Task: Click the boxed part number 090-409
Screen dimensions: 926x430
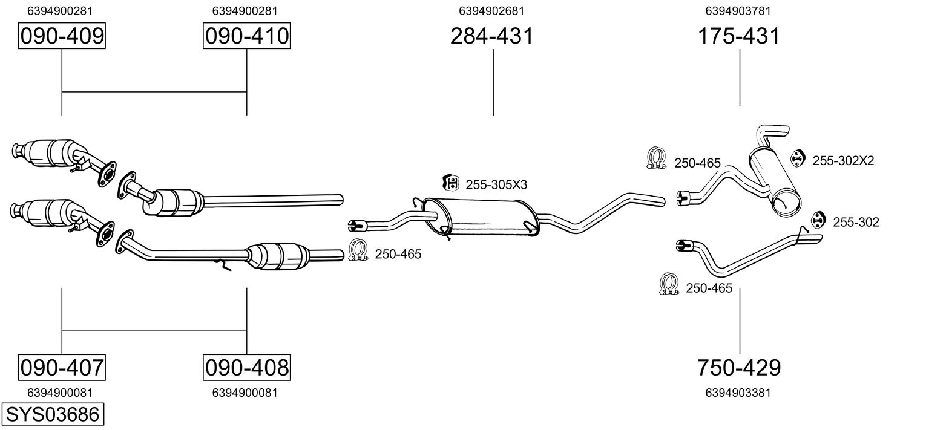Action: point(62,36)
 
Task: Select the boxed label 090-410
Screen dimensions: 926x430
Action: point(246,36)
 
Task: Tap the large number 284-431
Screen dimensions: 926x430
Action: point(491,36)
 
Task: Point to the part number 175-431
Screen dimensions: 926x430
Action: point(739,36)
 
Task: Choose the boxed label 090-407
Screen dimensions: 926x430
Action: point(62,367)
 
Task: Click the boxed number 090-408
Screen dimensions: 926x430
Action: point(246,367)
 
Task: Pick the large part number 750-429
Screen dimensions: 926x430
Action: point(739,367)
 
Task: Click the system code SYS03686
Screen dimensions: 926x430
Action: point(52,414)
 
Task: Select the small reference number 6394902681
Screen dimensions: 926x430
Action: point(491,10)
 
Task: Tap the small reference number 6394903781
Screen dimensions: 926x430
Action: point(738,10)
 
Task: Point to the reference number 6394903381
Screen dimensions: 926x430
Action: point(738,393)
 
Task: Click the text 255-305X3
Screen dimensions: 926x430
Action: point(496,184)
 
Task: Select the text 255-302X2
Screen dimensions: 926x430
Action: point(843,160)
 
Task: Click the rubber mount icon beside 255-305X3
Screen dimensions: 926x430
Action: point(450,182)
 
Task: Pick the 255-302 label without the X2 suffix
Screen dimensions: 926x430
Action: point(856,223)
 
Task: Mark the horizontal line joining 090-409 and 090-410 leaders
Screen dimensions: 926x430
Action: point(154,92)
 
